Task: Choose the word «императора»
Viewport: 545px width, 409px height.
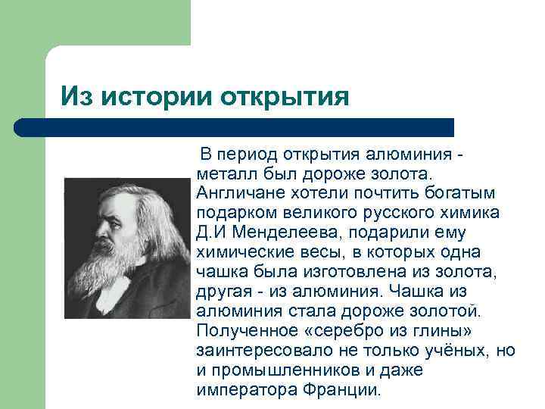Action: click(x=244, y=390)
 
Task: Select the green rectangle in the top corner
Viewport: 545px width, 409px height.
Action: click(x=95, y=23)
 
